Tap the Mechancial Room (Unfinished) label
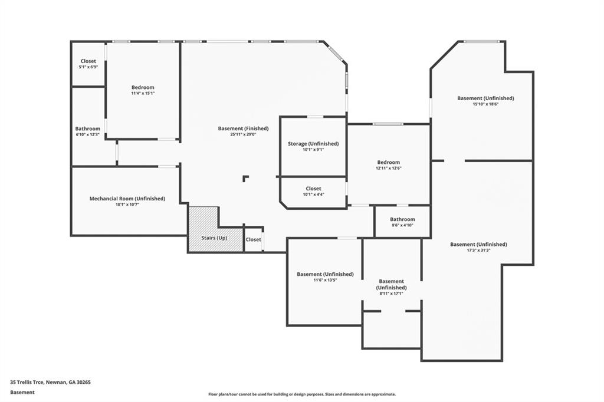click(x=127, y=199)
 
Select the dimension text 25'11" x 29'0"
click(x=243, y=134)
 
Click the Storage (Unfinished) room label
click(x=313, y=144)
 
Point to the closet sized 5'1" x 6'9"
click(x=88, y=64)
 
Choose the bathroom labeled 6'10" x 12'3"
click(x=87, y=131)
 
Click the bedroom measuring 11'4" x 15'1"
click(x=143, y=90)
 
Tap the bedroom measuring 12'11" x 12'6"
click(x=389, y=165)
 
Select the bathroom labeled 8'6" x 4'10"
click(x=402, y=222)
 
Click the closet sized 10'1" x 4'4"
click(x=313, y=192)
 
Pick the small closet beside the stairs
click(x=253, y=240)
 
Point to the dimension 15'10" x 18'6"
click(x=485, y=104)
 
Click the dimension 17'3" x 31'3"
click(x=478, y=250)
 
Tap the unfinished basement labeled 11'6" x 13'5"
click(x=325, y=277)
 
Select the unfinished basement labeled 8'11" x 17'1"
click(x=391, y=287)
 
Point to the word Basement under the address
click(x=22, y=392)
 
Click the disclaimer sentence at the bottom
click(x=301, y=394)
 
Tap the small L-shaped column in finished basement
click(x=245, y=178)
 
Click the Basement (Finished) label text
click(x=243, y=128)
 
